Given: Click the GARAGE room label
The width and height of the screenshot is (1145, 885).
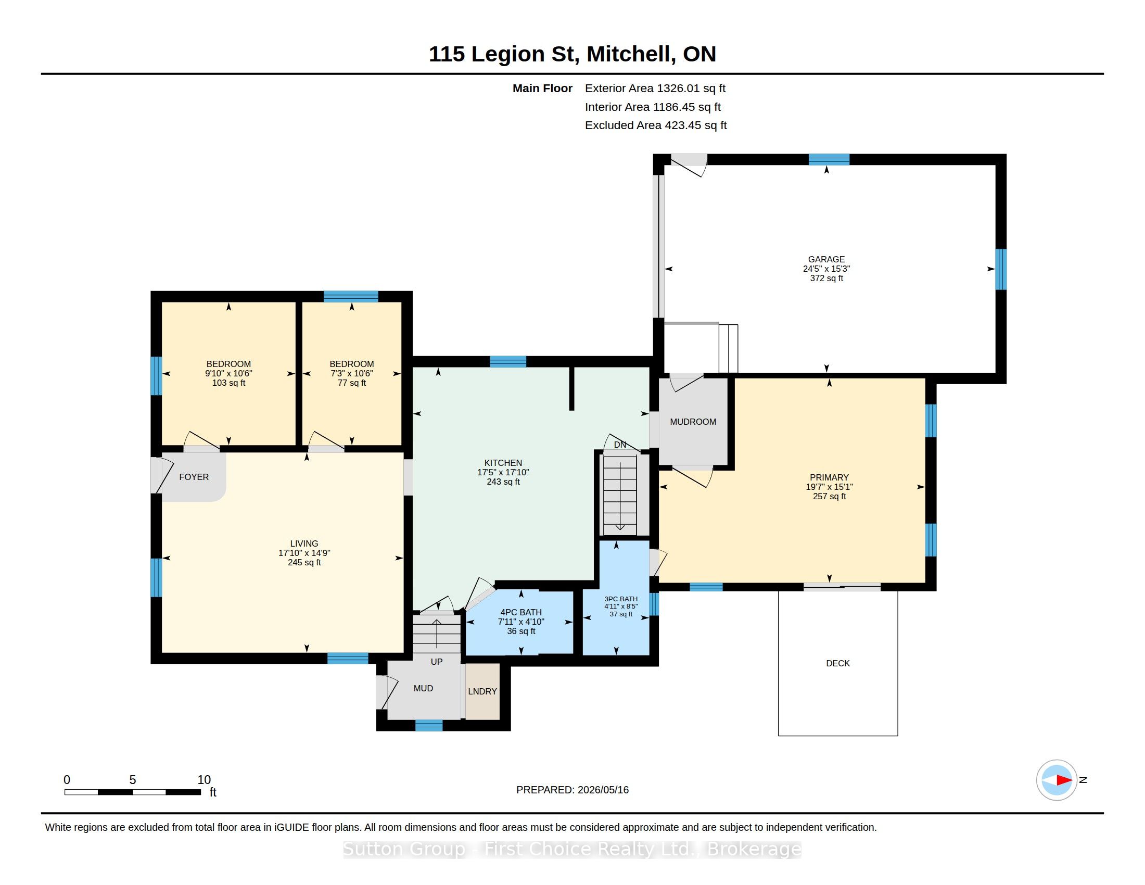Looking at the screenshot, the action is (826, 259).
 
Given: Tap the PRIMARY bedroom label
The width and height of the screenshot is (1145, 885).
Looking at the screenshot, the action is (829, 477).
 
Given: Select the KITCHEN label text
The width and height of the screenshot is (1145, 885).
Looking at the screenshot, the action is (503, 463).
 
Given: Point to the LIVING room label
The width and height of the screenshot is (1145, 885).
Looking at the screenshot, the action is (304, 543).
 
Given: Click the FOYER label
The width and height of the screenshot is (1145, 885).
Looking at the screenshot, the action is (194, 477).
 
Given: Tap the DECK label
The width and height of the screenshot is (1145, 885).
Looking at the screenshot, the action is (838, 663).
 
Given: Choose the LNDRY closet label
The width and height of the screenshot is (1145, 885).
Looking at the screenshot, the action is (482, 691).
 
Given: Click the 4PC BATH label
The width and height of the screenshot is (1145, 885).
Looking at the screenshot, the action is (521, 612).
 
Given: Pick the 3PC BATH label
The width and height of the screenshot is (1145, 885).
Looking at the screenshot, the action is (621, 599).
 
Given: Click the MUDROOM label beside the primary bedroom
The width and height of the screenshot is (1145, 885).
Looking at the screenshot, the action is (693, 422).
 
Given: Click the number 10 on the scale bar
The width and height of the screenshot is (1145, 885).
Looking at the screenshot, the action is (204, 780).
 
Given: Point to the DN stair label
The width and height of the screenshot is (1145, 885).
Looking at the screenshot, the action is (620, 445).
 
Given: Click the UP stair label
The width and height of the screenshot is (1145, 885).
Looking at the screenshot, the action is (437, 662).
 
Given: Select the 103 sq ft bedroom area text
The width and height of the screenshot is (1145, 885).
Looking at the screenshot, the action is (228, 383).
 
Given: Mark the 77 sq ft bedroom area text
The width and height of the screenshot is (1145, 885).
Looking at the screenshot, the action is (352, 383).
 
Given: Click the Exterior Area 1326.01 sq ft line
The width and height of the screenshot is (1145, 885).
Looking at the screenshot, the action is (655, 88).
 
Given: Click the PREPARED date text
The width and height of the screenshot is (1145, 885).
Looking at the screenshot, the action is (572, 790).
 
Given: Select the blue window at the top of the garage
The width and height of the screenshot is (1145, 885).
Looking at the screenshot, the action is (829, 159).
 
